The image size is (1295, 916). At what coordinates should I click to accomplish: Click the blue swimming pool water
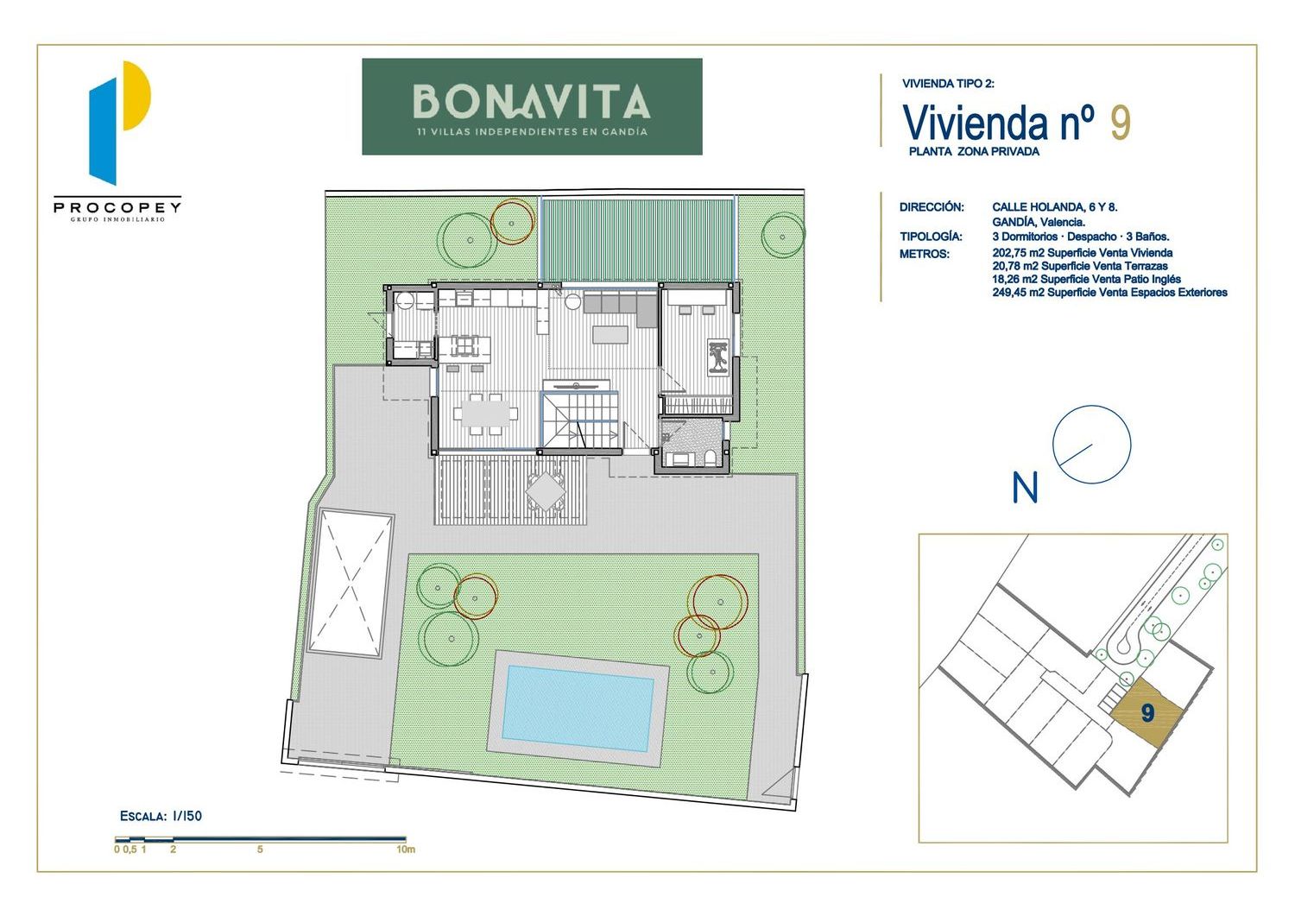click(x=578, y=709)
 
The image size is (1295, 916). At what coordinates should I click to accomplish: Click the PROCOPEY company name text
click(x=117, y=206)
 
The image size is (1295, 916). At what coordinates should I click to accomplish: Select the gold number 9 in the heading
click(x=1121, y=123)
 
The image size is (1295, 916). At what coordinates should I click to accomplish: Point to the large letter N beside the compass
click(x=1025, y=488)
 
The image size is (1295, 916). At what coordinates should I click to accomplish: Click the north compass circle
click(x=1091, y=444)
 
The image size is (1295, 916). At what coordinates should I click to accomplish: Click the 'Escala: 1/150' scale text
click(x=161, y=816)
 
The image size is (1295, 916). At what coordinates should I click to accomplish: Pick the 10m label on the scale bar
click(x=406, y=850)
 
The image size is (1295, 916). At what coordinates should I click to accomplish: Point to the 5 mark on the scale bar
click(x=260, y=850)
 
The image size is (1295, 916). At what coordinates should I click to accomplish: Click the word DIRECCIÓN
click(x=932, y=207)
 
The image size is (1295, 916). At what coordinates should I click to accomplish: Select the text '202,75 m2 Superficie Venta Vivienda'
click(x=1083, y=253)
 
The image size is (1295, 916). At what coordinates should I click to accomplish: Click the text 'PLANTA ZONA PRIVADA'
click(x=974, y=151)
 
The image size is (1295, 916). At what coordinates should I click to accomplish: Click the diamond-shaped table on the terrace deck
click(x=545, y=491)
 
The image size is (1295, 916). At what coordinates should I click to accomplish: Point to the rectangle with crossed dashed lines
click(x=351, y=583)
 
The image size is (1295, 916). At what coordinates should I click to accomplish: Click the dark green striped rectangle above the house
click(x=636, y=240)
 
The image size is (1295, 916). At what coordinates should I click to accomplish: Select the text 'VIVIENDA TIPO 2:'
click(x=948, y=84)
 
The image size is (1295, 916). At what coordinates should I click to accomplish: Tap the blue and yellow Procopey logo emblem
click(x=118, y=123)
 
